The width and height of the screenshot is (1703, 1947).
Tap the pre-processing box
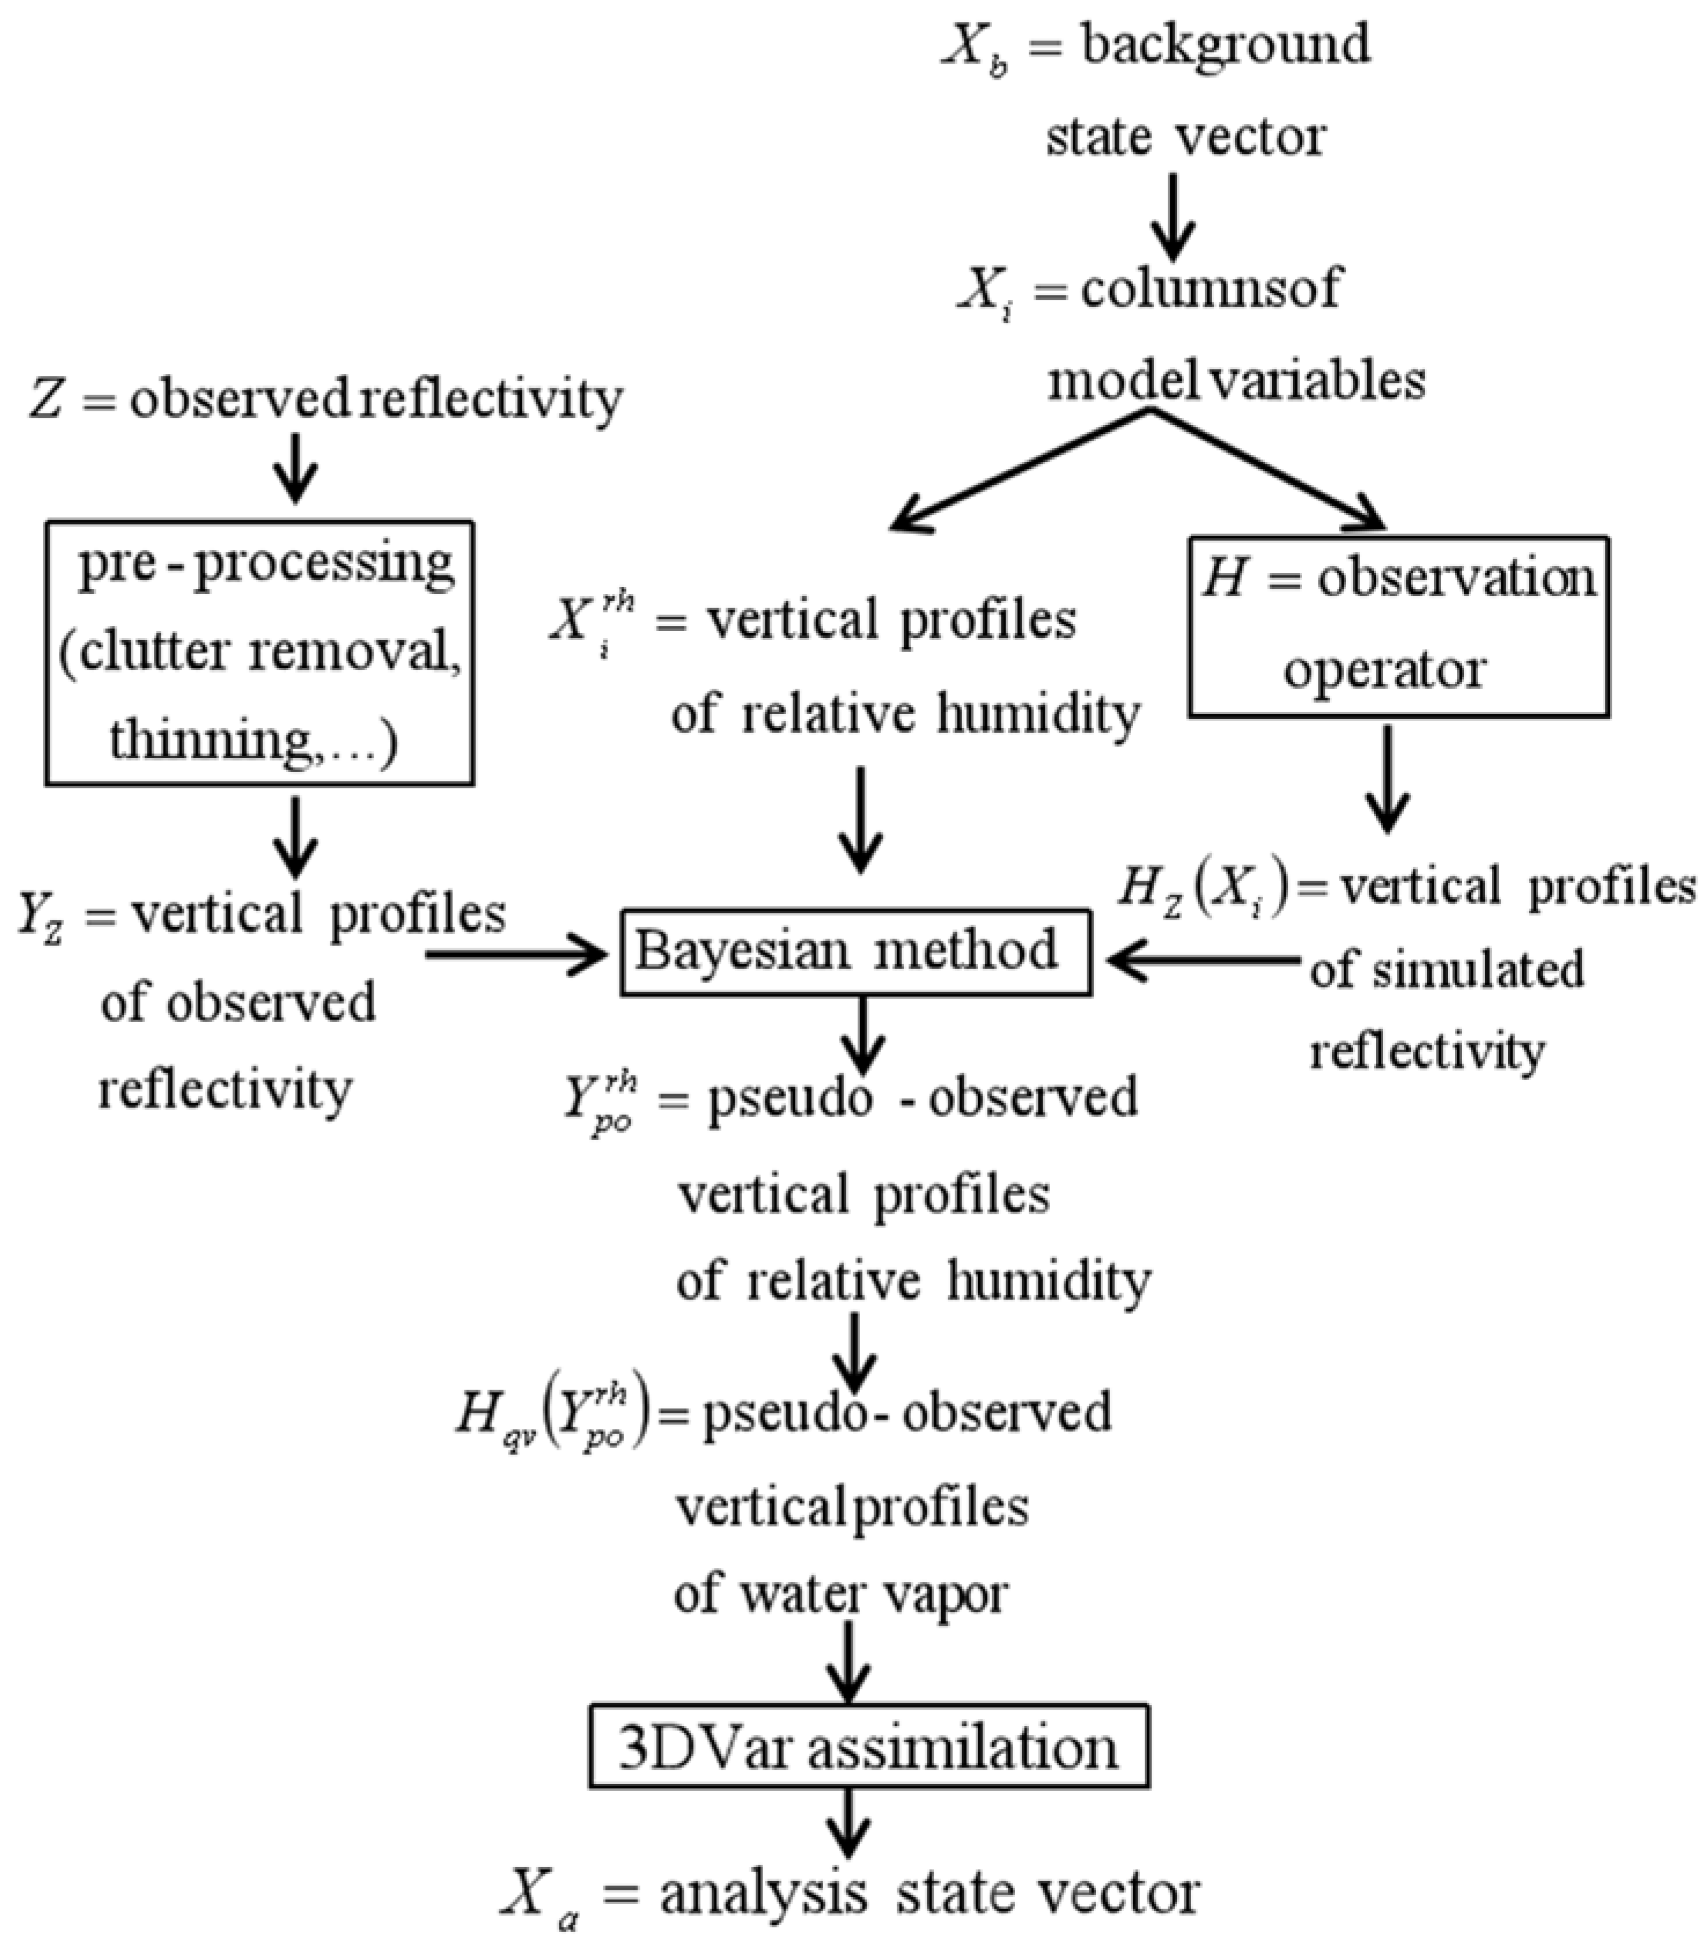(x=259, y=652)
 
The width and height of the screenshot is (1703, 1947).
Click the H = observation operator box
(x=1398, y=626)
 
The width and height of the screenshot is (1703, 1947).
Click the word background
(x=1226, y=45)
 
